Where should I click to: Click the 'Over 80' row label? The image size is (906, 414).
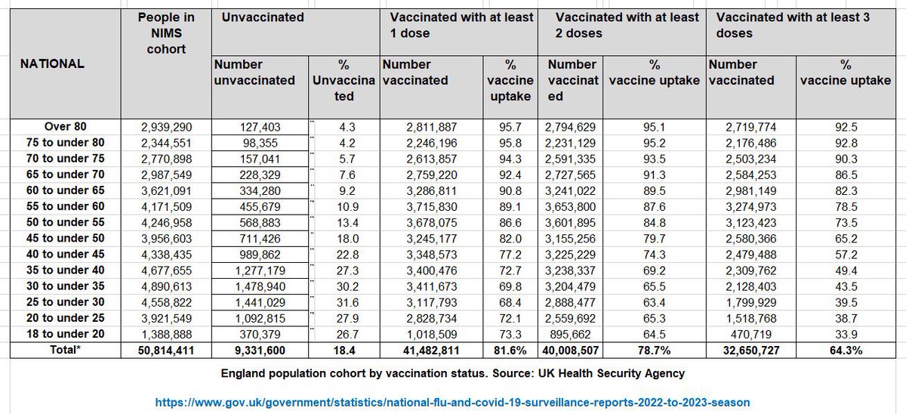click(65, 127)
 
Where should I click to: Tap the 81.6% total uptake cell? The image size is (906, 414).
click(511, 350)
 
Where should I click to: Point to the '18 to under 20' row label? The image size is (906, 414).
click(65, 333)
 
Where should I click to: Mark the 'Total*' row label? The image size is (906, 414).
click(65, 350)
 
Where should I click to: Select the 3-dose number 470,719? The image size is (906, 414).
click(753, 333)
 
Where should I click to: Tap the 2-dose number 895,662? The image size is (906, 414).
click(573, 333)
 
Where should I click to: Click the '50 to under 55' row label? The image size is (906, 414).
click(65, 222)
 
